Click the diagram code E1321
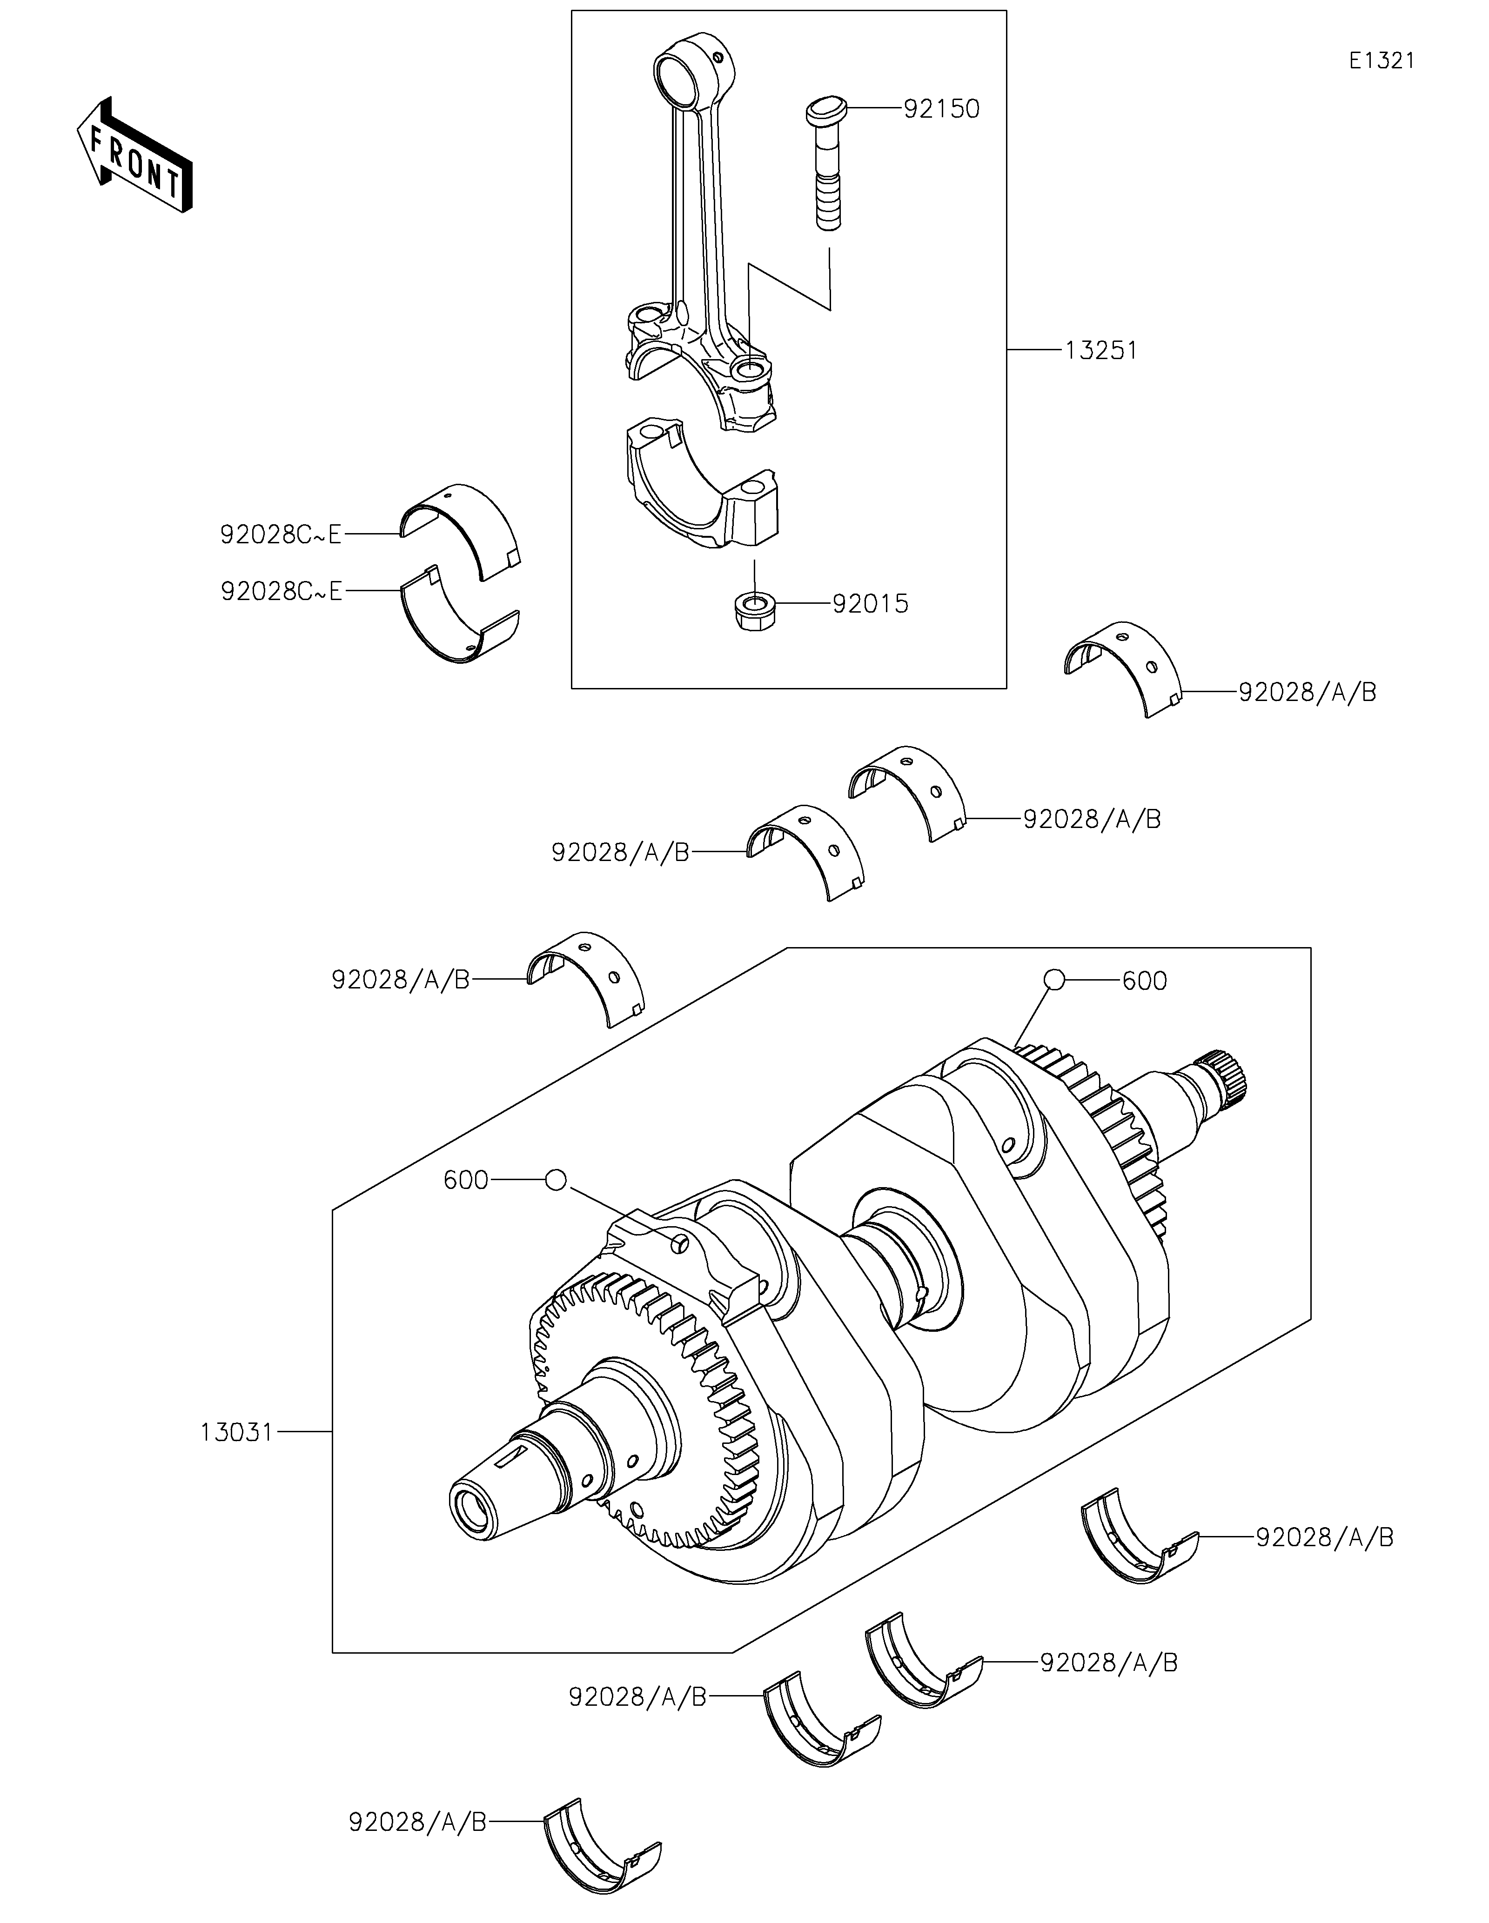(1382, 61)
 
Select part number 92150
(941, 109)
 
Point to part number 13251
(1100, 350)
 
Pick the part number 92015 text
(870, 604)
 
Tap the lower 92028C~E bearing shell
(460, 613)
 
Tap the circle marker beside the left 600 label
(556, 1180)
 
